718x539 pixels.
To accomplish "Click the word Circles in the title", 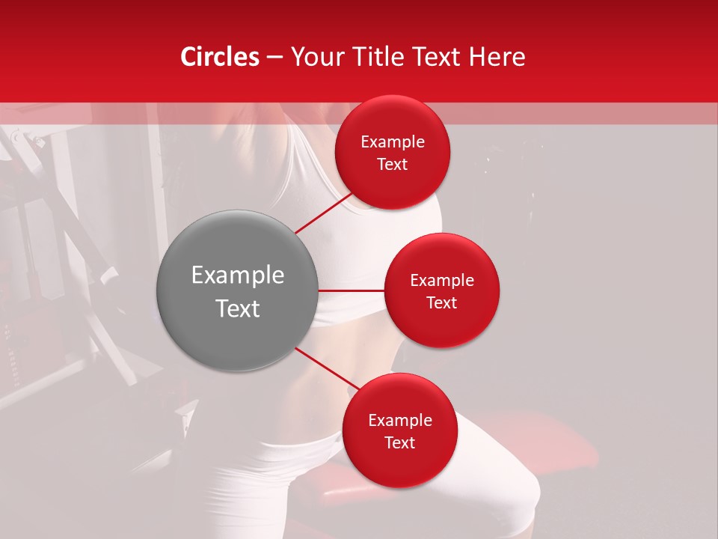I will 219,57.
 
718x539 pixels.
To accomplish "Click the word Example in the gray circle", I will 238,275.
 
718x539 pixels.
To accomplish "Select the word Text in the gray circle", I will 238,308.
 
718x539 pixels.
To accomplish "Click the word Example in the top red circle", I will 393,142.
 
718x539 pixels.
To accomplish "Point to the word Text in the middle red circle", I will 442,302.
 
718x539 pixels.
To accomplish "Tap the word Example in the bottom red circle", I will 400,420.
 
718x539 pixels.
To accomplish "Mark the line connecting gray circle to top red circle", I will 325,213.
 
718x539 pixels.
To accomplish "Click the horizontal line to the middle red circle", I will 352,290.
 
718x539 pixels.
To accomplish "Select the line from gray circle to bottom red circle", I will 327,368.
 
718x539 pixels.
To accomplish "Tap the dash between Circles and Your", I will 274,58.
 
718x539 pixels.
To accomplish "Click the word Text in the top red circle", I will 393,164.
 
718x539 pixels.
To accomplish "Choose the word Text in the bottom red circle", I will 400,442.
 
